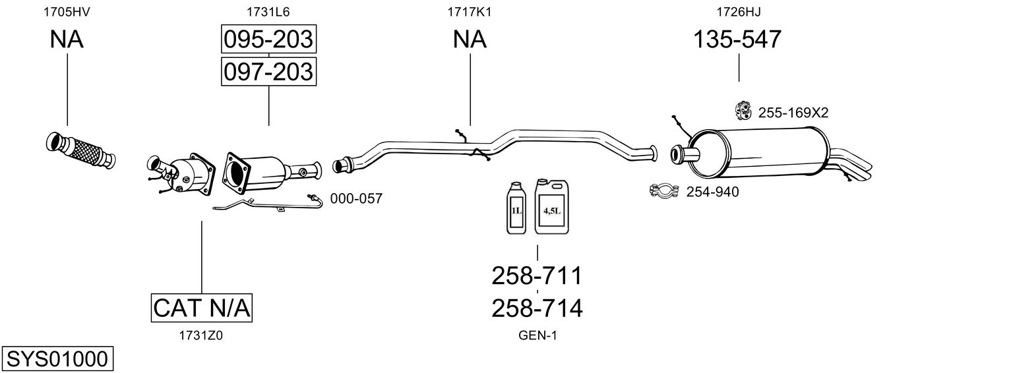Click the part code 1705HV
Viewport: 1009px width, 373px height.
pyautogui.click(x=67, y=11)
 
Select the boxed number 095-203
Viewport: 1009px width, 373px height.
pyautogui.click(x=268, y=40)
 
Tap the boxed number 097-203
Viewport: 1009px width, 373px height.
pyautogui.click(x=268, y=71)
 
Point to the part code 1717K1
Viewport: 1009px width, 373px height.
pyautogui.click(x=470, y=11)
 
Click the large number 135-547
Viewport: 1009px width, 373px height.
pyautogui.click(x=737, y=40)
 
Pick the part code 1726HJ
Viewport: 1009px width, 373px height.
pyautogui.click(x=735, y=11)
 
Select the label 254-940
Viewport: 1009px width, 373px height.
pyautogui.click(x=713, y=192)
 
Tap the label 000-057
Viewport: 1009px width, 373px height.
pyautogui.click(x=356, y=198)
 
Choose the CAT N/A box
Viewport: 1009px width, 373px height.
pyautogui.click(x=202, y=307)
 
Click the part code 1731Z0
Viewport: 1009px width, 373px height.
pyautogui.click(x=201, y=335)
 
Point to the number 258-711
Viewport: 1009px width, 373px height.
pyautogui.click(x=537, y=275)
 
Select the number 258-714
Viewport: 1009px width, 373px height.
pyautogui.click(x=537, y=308)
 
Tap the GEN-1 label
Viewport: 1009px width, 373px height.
pyautogui.click(x=537, y=335)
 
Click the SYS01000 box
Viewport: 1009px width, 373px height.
pyautogui.click(x=57, y=359)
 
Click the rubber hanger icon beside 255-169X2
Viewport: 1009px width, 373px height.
pyautogui.click(x=743, y=111)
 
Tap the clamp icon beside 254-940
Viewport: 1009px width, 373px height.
pyautogui.click(x=665, y=192)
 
